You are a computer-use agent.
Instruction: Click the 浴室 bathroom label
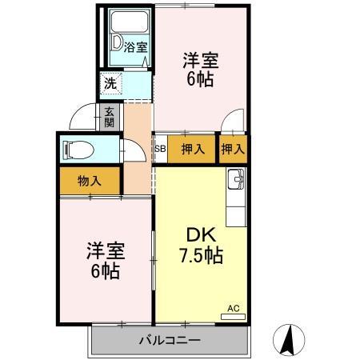coord(136,47)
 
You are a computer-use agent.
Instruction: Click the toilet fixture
coord(76,149)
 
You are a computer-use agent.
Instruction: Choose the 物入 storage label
coord(89,181)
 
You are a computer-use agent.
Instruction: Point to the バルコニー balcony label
coord(170,340)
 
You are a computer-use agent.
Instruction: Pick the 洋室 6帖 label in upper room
coord(200,69)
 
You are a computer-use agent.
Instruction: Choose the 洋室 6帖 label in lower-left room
coord(104,261)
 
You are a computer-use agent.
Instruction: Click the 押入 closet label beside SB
coord(192,148)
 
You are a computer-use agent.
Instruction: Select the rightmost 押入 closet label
coord(232,148)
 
